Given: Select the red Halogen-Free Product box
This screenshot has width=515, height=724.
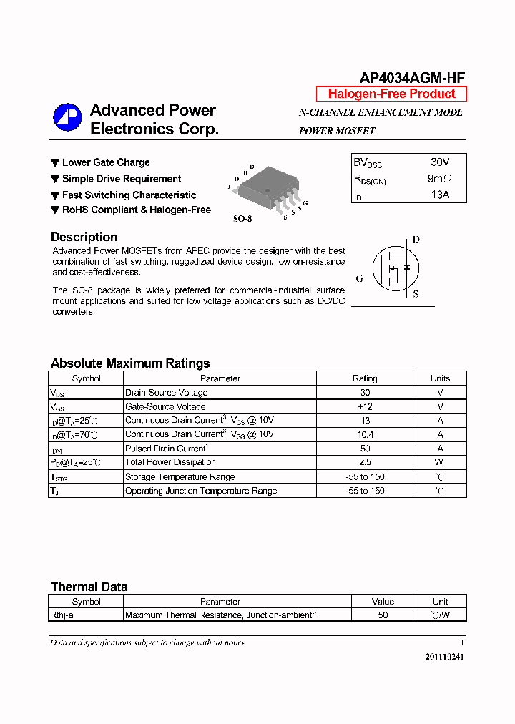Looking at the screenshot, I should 391,94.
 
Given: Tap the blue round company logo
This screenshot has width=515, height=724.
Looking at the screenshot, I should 67,118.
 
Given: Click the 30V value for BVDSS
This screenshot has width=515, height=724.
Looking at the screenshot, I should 440,162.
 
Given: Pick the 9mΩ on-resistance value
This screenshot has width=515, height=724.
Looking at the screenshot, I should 439,179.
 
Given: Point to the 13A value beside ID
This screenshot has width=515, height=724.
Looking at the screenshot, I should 439,195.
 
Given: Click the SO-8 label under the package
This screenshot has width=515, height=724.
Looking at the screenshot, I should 242,219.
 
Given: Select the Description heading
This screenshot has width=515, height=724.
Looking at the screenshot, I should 84,237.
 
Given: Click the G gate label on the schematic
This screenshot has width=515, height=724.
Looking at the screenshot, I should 359,278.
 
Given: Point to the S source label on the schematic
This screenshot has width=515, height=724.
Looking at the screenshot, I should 416,294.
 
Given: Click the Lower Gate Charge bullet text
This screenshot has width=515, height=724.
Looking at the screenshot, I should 106,162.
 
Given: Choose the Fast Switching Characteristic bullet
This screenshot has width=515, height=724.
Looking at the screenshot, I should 129,195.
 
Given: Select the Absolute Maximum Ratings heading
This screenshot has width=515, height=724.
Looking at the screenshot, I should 130,363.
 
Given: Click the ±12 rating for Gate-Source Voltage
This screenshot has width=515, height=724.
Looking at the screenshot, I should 365,406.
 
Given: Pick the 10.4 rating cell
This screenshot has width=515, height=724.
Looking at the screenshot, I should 365,434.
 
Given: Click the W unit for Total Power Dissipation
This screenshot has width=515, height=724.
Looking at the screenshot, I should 440,462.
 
